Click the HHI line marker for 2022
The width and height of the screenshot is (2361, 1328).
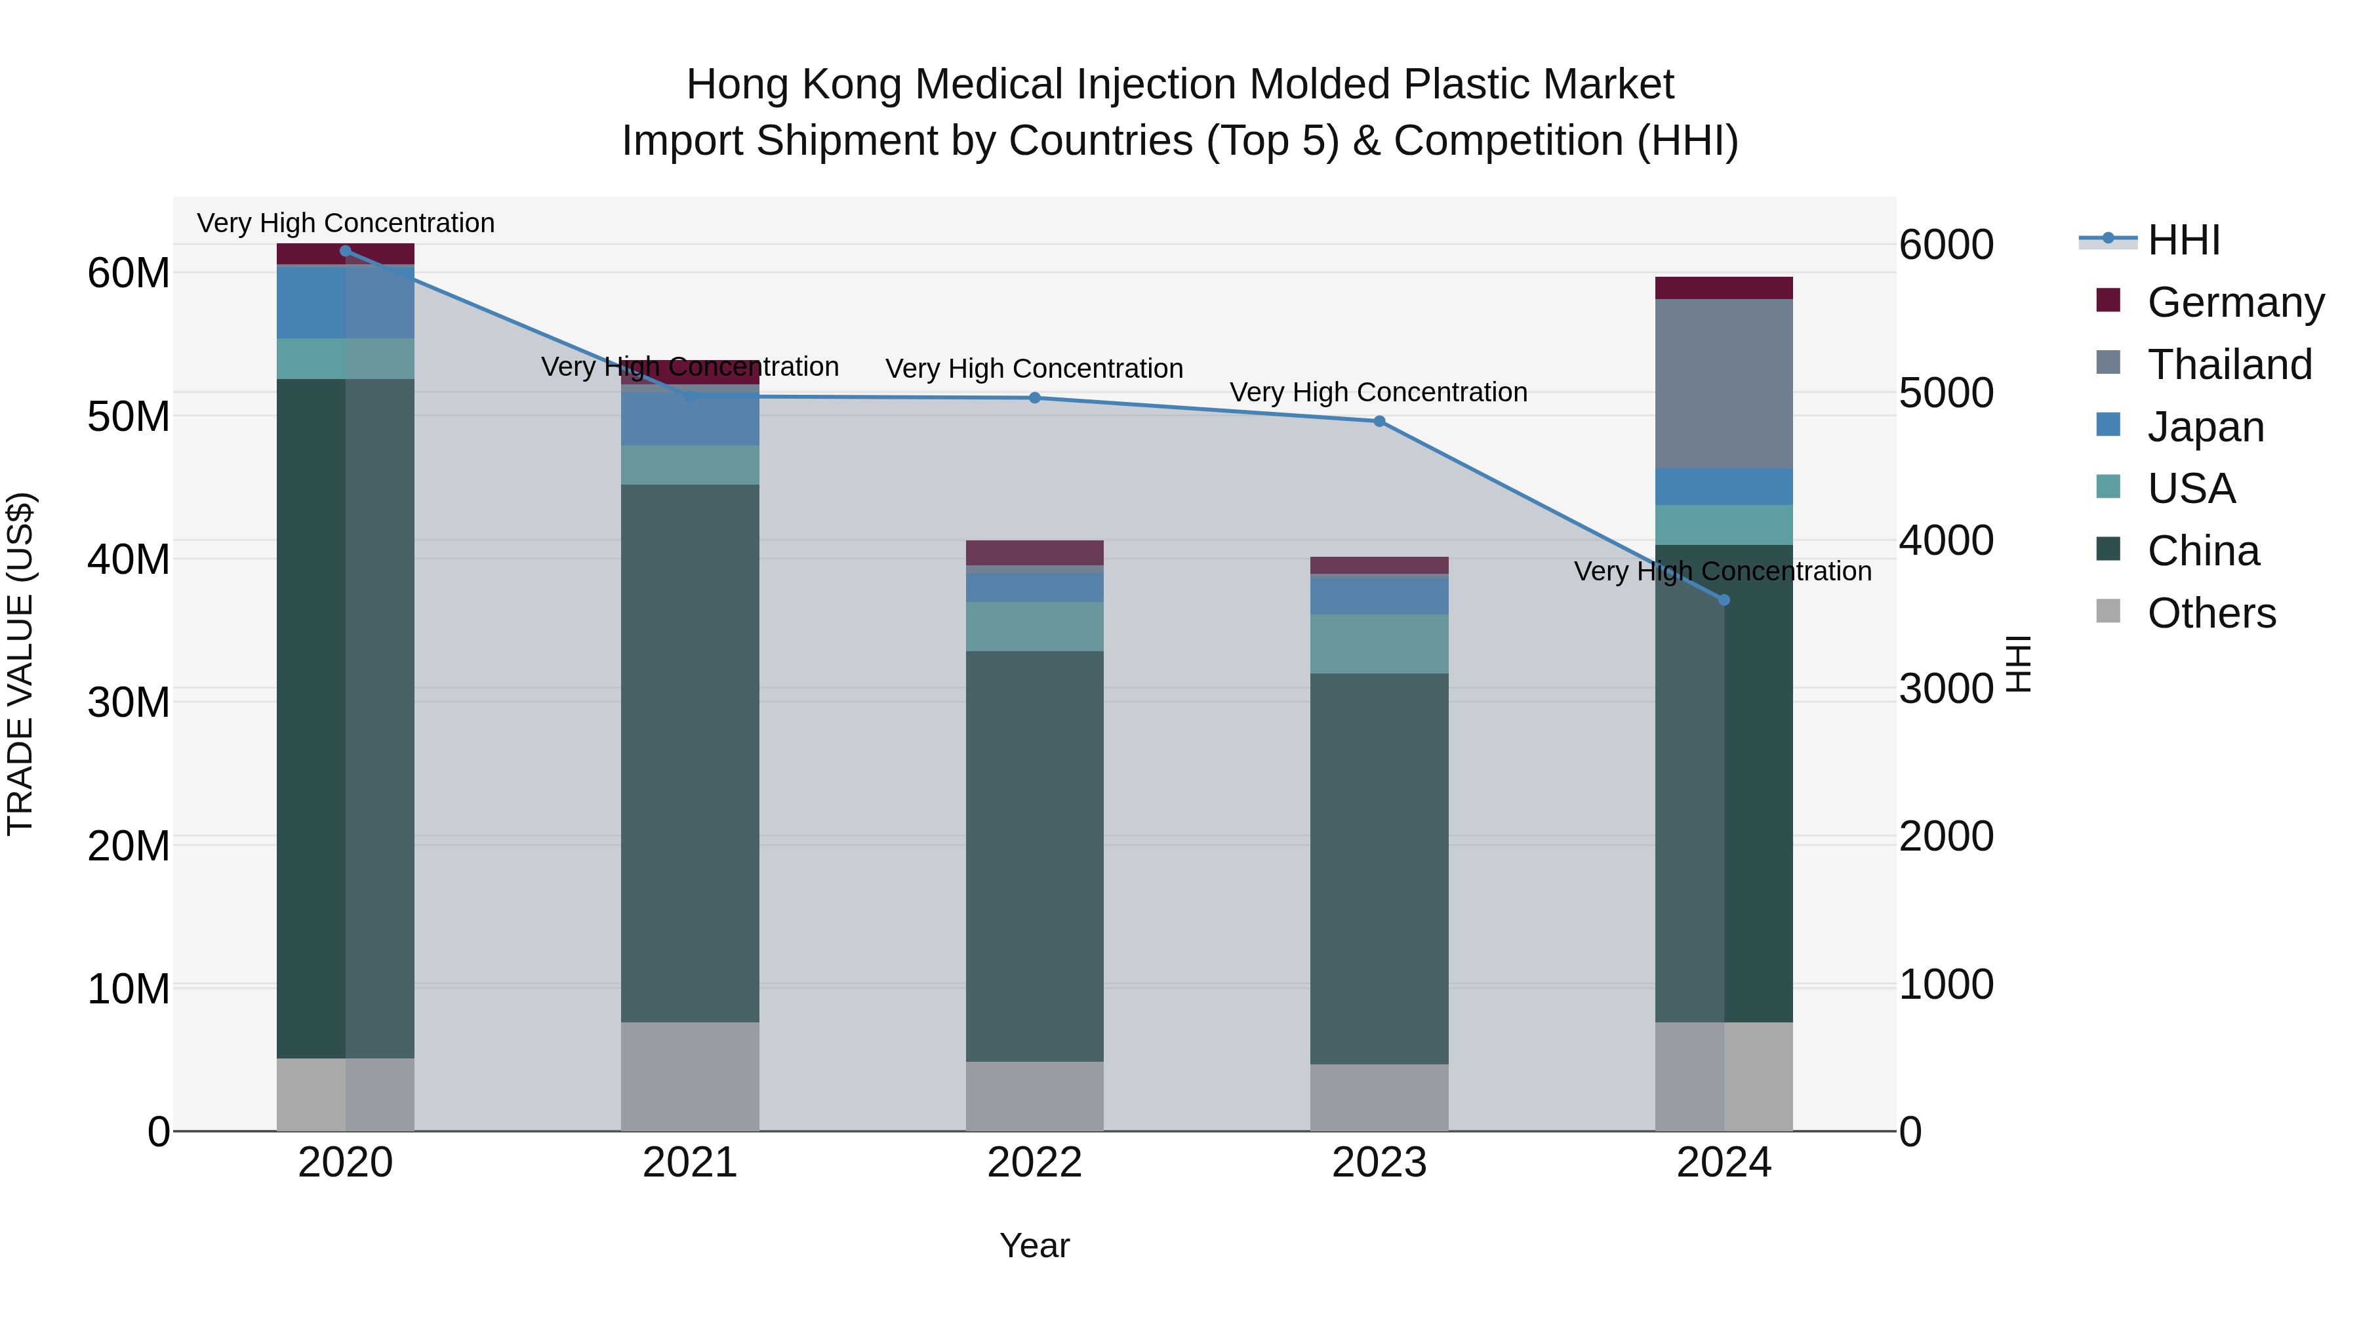pyautogui.click(x=1035, y=398)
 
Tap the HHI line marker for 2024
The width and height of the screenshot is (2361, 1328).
pyautogui.click(x=1724, y=600)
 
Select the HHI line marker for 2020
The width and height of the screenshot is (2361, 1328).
pyautogui.click(x=346, y=251)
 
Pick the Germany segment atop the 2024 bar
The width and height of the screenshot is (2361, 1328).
pyautogui.click(x=1724, y=288)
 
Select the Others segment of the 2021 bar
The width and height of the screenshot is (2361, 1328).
pyautogui.click(x=690, y=1076)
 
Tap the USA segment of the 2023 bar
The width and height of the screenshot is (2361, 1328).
pyautogui.click(x=1379, y=643)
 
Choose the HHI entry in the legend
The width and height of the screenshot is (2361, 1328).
pyautogui.click(x=2183, y=240)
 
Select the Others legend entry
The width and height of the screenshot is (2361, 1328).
pyautogui.click(x=2211, y=613)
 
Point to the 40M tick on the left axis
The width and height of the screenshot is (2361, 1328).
pyautogui.click(x=129, y=559)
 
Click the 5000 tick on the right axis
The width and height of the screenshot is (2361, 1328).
pyautogui.click(x=1946, y=393)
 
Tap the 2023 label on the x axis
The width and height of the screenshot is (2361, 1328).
pyautogui.click(x=1379, y=1163)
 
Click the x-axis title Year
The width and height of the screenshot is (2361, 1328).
pyautogui.click(x=1035, y=1245)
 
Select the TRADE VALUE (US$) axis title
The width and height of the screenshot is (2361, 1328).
pyautogui.click(x=20, y=664)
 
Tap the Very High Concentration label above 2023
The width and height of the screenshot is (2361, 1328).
pyautogui.click(x=1379, y=392)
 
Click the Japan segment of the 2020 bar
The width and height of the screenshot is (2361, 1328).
pyautogui.click(x=346, y=302)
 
